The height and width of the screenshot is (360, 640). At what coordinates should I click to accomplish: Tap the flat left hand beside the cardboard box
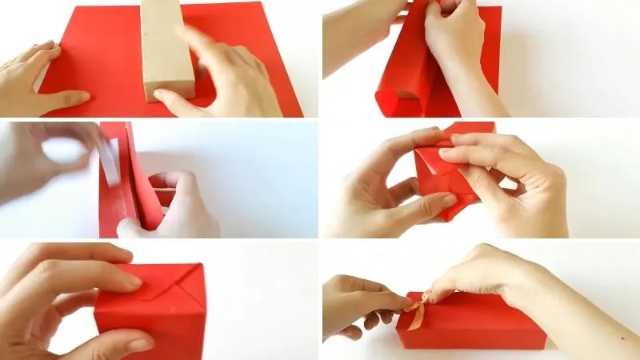point(36,80)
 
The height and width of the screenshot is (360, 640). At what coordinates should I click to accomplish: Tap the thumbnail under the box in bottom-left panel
point(136,345)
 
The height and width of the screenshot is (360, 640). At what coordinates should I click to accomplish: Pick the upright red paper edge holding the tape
point(128,176)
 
